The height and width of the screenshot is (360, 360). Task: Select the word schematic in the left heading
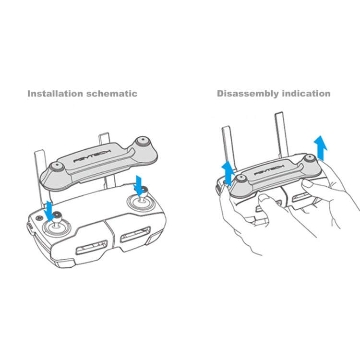point(110,93)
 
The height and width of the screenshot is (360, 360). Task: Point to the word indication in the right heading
point(305,93)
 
